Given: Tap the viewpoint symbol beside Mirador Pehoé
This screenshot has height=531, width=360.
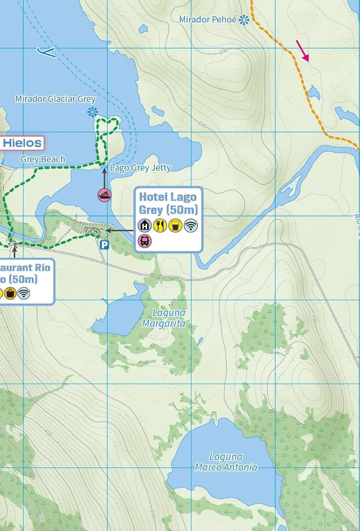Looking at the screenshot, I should (244, 19).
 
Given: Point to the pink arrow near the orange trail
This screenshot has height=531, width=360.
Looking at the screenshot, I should (302, 50).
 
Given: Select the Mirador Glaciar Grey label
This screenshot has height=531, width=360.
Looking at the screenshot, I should (55, 98).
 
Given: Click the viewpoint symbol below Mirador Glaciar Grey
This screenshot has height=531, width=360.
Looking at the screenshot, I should (91, 112).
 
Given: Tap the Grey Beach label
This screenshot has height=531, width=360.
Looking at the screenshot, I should (43, 159).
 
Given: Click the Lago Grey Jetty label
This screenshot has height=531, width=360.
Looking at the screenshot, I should (140, 168).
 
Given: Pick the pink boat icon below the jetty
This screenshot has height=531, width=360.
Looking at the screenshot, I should (104, 195).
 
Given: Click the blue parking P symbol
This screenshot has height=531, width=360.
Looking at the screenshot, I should (104, 244).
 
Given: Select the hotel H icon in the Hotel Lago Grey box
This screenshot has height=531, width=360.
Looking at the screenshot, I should (145, 225).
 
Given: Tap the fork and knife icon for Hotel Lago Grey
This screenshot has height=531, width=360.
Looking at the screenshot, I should (160, 225).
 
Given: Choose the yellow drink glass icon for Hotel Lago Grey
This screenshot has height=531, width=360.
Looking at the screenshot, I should (175, 225).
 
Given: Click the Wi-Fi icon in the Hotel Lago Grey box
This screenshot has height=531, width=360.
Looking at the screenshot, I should (190, 225).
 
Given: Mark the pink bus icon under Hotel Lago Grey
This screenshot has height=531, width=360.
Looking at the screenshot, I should (145, 241).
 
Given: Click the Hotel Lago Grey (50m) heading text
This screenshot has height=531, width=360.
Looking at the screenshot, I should (168, 202).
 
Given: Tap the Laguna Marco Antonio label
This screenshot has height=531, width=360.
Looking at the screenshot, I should (226, 462).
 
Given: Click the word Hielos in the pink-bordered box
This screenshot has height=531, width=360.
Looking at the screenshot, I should (22, 143).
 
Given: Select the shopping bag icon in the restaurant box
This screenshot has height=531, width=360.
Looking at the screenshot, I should (10, 293).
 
